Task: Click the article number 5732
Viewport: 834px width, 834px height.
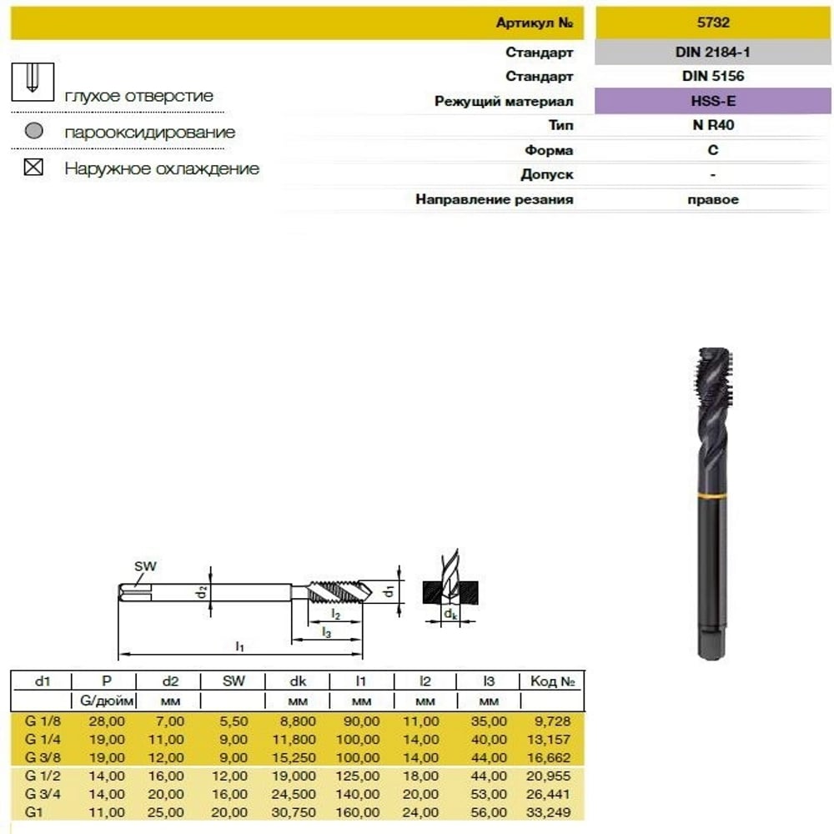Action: tap(713, 23)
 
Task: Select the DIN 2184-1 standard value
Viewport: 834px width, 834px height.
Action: tap(713, 52)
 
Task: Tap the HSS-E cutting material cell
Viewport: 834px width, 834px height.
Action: tap(713, 101)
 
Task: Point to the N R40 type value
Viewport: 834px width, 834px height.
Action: tap(713, 125)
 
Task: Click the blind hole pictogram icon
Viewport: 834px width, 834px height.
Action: tap(33, 82)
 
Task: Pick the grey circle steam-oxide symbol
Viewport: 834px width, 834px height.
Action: tap(34, 130)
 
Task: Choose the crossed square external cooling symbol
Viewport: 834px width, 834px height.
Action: tap(33, 167)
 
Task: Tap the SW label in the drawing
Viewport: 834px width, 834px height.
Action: tap(145, 566)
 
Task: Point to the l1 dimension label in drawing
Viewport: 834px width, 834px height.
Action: tap(240, 646)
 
